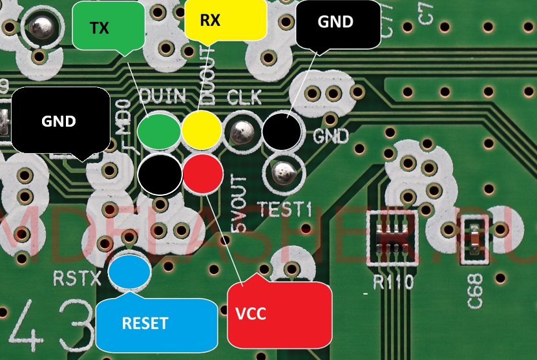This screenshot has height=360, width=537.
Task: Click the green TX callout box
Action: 107,26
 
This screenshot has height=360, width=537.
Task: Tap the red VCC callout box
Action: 279,314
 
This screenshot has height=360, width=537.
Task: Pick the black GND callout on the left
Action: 60,120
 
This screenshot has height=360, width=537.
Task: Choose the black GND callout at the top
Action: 338,23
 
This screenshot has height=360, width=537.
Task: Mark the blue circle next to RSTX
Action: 129,272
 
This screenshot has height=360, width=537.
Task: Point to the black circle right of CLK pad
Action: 282,131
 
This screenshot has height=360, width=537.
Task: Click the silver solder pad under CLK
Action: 242,132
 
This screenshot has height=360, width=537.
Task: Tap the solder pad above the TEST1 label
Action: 283,173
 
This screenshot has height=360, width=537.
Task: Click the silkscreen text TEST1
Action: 284,208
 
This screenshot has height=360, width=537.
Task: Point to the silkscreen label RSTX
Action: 78,279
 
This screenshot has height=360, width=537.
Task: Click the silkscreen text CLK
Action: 244,98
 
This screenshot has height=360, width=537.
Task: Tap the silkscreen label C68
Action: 476,293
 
